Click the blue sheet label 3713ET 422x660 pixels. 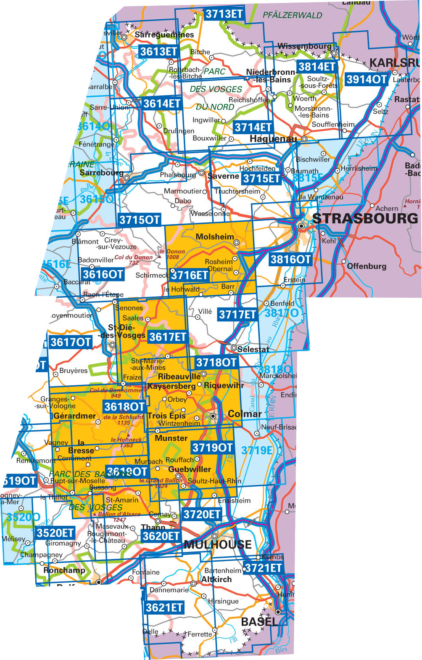224,14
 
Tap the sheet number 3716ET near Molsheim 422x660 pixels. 190,275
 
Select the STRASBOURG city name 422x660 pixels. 365,218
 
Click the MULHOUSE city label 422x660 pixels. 218,545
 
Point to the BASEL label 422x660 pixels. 258,621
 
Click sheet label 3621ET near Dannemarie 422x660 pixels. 164,607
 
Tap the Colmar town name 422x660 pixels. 244,413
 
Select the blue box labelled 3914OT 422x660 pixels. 366,79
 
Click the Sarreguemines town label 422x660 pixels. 164,34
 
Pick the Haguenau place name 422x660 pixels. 273,139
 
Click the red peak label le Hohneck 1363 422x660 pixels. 127,442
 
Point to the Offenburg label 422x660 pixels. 367,266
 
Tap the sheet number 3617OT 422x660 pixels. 70,342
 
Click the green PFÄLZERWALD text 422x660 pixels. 292,15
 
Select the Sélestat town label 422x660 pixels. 253,349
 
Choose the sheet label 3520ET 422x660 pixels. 55,533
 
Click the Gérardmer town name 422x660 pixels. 75,416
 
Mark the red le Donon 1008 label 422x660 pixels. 172,254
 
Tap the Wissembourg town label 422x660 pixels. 304,46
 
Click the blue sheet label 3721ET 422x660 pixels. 263,568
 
